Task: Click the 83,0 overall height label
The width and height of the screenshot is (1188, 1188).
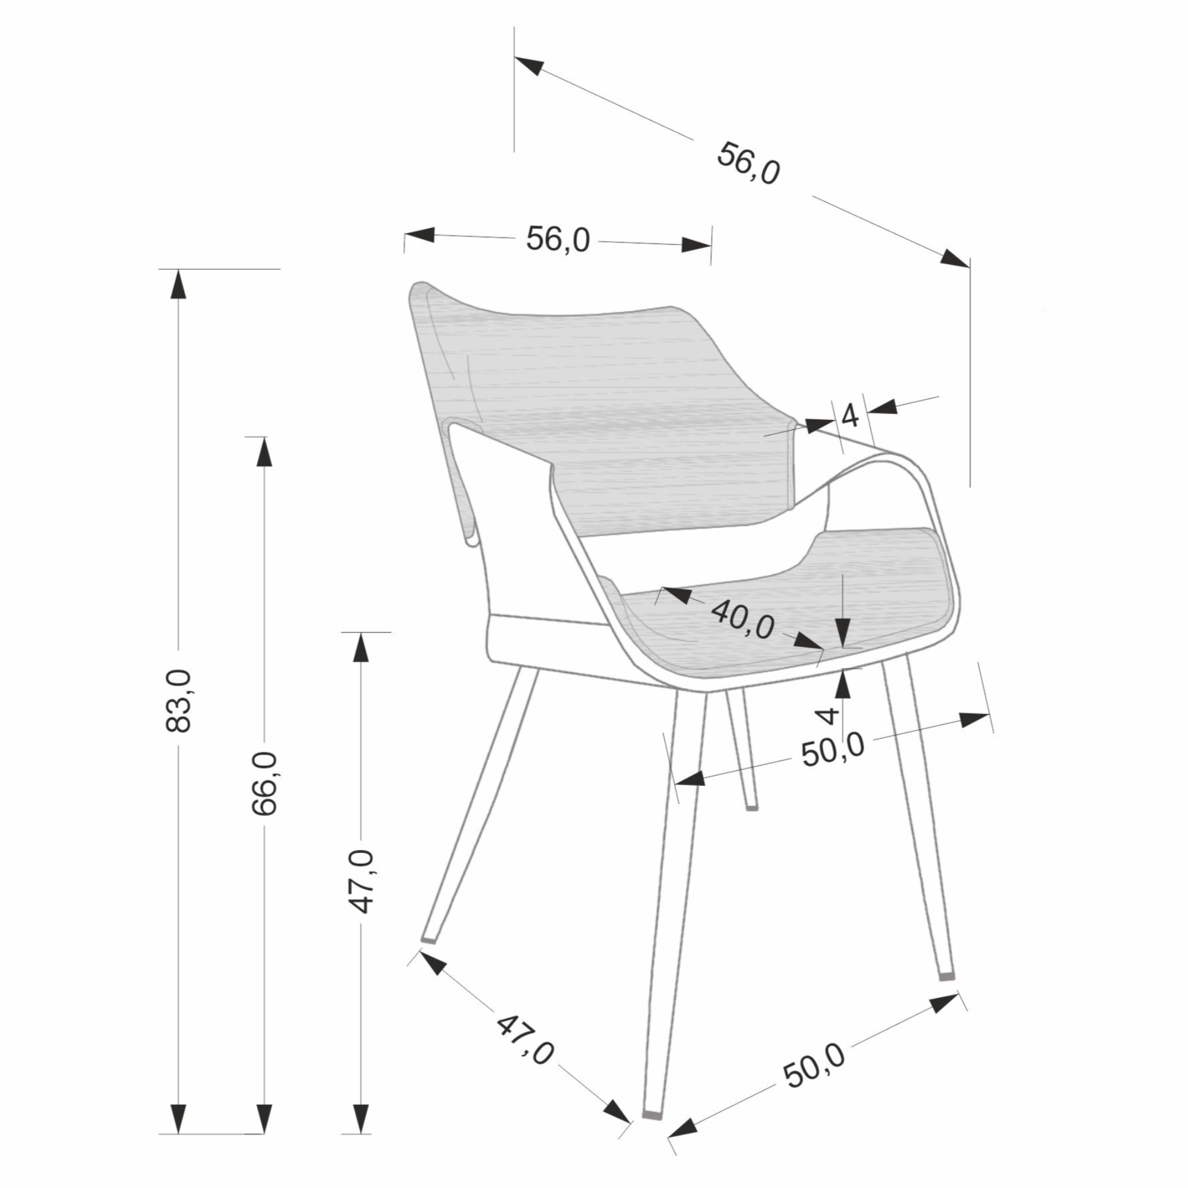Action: [179, 700]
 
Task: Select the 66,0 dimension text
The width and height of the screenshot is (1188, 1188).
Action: [265, 784]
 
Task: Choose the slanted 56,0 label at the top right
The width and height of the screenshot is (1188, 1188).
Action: [748, 163]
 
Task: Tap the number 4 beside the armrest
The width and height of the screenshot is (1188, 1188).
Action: [850, 416]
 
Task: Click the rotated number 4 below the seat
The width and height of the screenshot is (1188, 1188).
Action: [829, 715]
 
